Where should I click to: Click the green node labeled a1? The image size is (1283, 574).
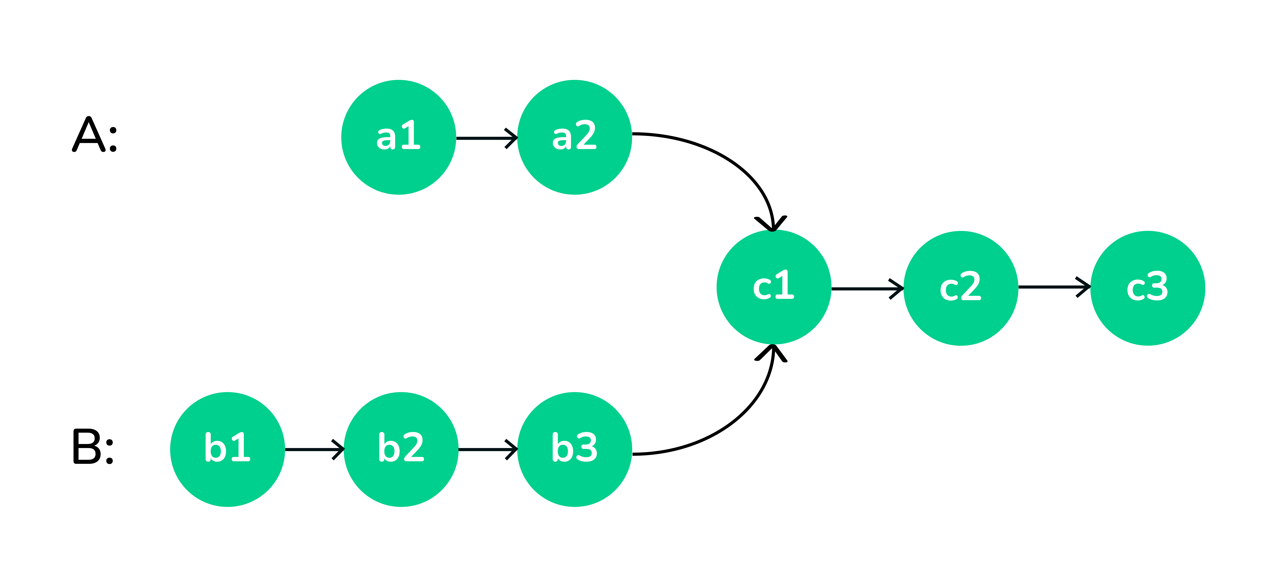pos(399,137)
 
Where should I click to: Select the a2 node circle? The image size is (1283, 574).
pos(575,137)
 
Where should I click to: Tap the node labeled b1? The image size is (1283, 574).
pos(228,450)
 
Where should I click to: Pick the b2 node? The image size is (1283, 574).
pos(401,450)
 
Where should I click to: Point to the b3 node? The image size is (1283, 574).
pos(575,450)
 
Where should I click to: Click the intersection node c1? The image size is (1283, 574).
pos(773,287)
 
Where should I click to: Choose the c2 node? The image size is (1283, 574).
pos(961,288)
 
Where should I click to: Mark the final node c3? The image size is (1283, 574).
pos(1148,288)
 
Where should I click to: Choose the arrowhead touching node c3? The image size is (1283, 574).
pos(1084,287)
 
